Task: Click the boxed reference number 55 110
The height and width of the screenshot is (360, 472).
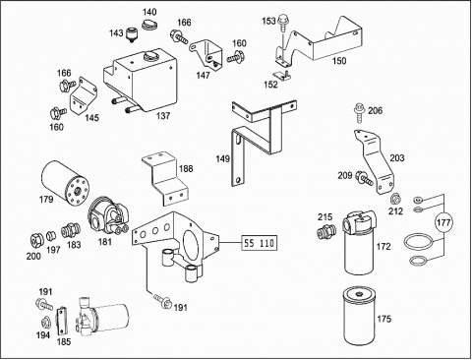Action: pos(260,243)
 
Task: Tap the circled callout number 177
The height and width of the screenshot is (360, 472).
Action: pos(443,222)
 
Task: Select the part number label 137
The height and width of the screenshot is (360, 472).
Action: pos(163,116)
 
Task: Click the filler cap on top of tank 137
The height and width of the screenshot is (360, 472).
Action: pos(151,55)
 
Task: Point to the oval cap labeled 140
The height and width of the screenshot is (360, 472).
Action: pos(149,24)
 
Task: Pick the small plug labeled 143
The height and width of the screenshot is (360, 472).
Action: pos(131,34)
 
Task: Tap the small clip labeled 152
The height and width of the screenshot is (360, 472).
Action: pos(282,75)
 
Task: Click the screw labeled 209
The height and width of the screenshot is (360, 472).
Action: pos(365,178)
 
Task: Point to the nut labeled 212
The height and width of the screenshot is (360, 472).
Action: pos(394,199)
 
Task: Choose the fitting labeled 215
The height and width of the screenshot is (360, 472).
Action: pos(325,231)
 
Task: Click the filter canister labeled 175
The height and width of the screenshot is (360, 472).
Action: pos(358,316)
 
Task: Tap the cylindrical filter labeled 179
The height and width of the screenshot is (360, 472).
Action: pos(65,183)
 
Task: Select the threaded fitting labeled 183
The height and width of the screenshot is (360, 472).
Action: pos(70,231)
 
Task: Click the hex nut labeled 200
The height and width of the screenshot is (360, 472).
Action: pos(36,240)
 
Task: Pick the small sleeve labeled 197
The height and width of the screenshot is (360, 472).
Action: pos(50,235)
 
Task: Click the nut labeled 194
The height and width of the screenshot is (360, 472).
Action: pos(45,323)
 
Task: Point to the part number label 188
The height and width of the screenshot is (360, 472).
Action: pos(186,169)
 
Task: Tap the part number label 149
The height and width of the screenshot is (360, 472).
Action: pos(222,159)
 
